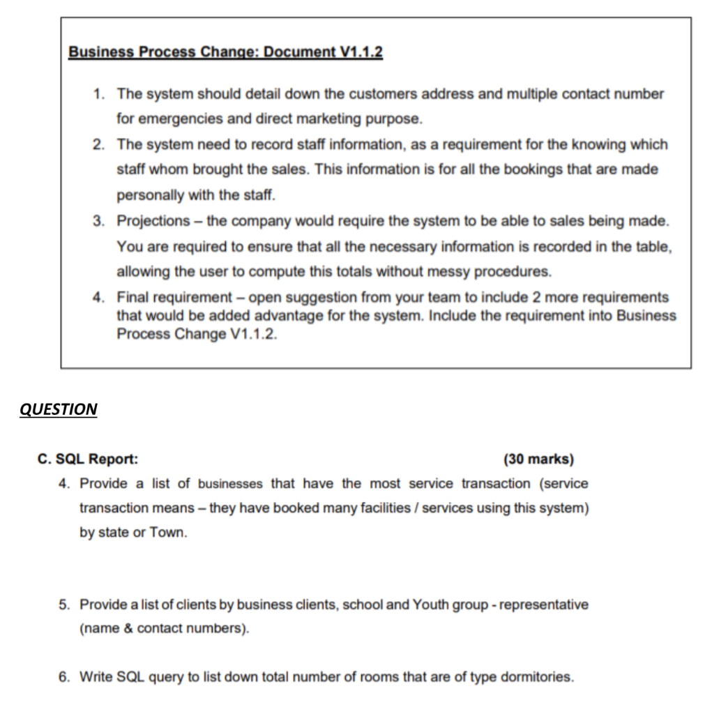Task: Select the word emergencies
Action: pos(176,119)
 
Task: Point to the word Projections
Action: pos(153,221)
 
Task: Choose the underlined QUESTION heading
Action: pos(59,409)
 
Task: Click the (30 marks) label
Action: pos(538,459)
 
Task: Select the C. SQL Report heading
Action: pos(88,459)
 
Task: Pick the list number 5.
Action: pos(63,605)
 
